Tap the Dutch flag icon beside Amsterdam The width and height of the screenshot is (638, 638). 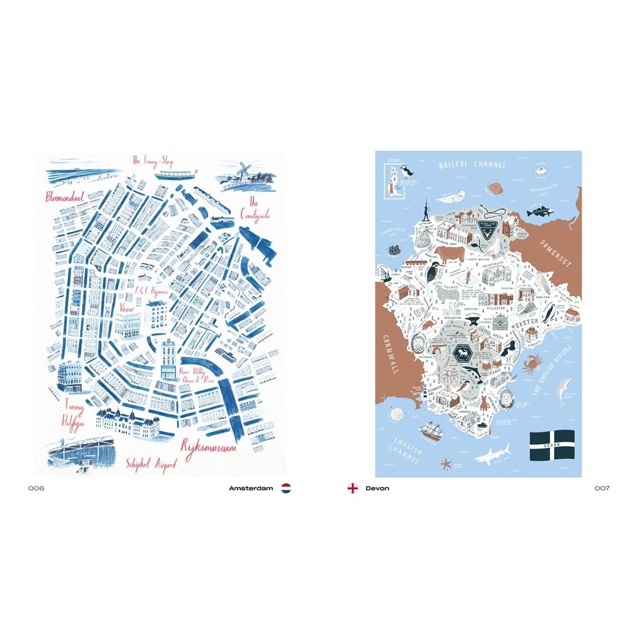(x=286, y=488)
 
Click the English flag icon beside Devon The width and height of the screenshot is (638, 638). (x=353, y=488)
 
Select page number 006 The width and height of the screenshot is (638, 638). (x=36, y=488)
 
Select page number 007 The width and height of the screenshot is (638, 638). (x=602, y=488)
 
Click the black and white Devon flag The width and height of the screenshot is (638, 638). (x=552, y=445)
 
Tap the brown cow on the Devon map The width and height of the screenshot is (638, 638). (x=449, y=253)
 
